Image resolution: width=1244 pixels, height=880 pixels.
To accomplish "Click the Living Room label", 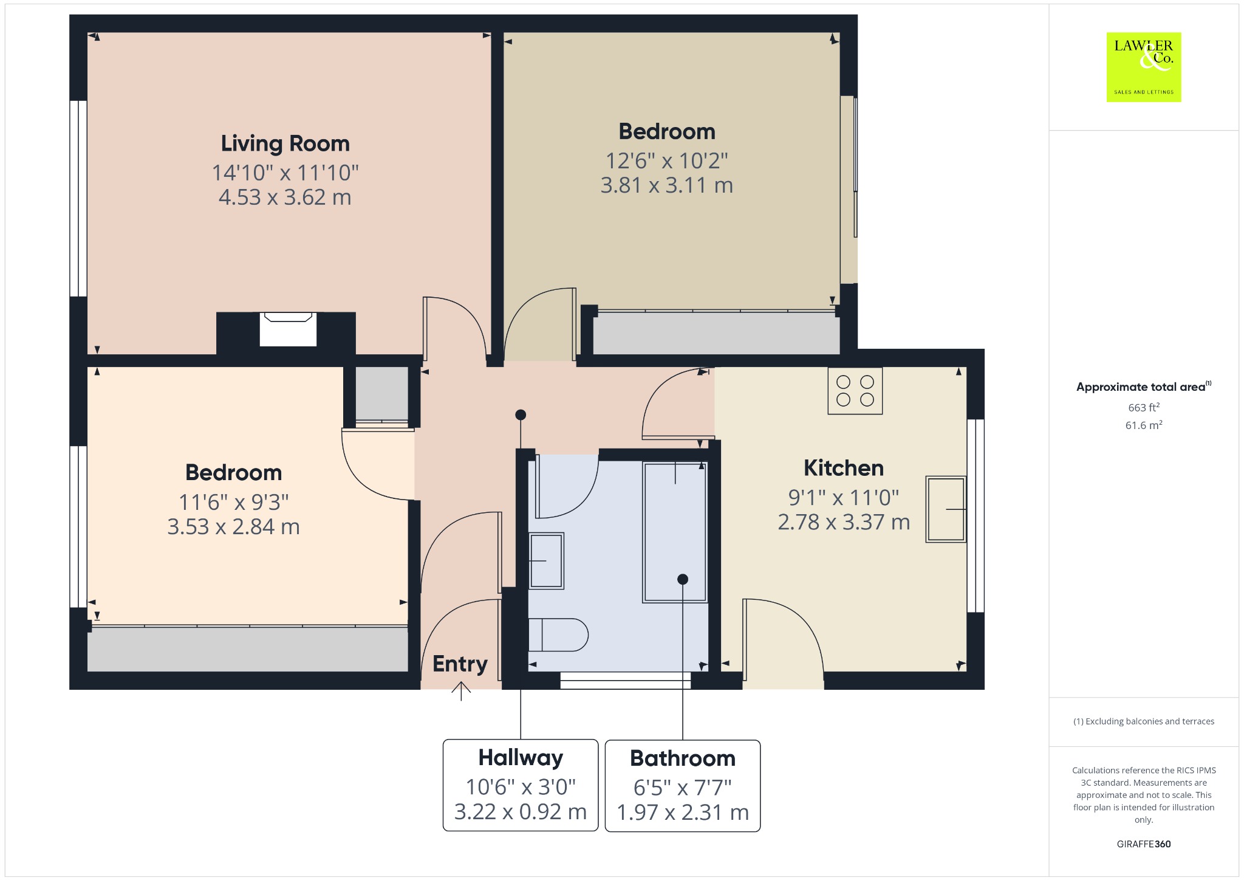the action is click(285, 143).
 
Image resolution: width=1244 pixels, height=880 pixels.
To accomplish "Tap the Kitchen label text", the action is click(844, 468).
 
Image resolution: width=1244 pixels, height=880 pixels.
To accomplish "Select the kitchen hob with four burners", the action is click(855, 391).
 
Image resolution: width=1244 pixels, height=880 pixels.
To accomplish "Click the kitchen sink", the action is click(945, 509).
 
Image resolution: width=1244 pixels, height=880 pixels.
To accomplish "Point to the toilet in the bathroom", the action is click(558, 634).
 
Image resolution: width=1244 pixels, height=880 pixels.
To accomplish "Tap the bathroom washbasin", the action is click(546, 560).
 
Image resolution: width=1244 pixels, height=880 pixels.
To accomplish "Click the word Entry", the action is click(460, 664).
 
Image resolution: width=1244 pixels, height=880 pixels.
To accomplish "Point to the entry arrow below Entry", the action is click(461, 691).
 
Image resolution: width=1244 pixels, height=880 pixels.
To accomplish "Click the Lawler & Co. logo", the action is click(1144, 67).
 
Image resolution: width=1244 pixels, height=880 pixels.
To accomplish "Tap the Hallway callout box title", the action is click(521, 758).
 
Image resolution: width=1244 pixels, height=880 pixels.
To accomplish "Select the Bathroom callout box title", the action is click(683, 758).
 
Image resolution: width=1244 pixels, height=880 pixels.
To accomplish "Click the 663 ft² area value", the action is click(1144, 407).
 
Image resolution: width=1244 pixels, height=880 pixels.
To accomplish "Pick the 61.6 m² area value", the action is click(1144, 425).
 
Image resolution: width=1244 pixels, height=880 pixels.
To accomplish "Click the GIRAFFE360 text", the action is click(1144, 844).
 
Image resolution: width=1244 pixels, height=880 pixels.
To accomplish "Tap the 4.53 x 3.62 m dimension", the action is click(285, 197).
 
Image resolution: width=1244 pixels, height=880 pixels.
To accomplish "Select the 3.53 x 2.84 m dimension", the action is click(234, 526).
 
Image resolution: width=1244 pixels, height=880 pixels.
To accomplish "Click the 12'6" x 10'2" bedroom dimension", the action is click(667, 160).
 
